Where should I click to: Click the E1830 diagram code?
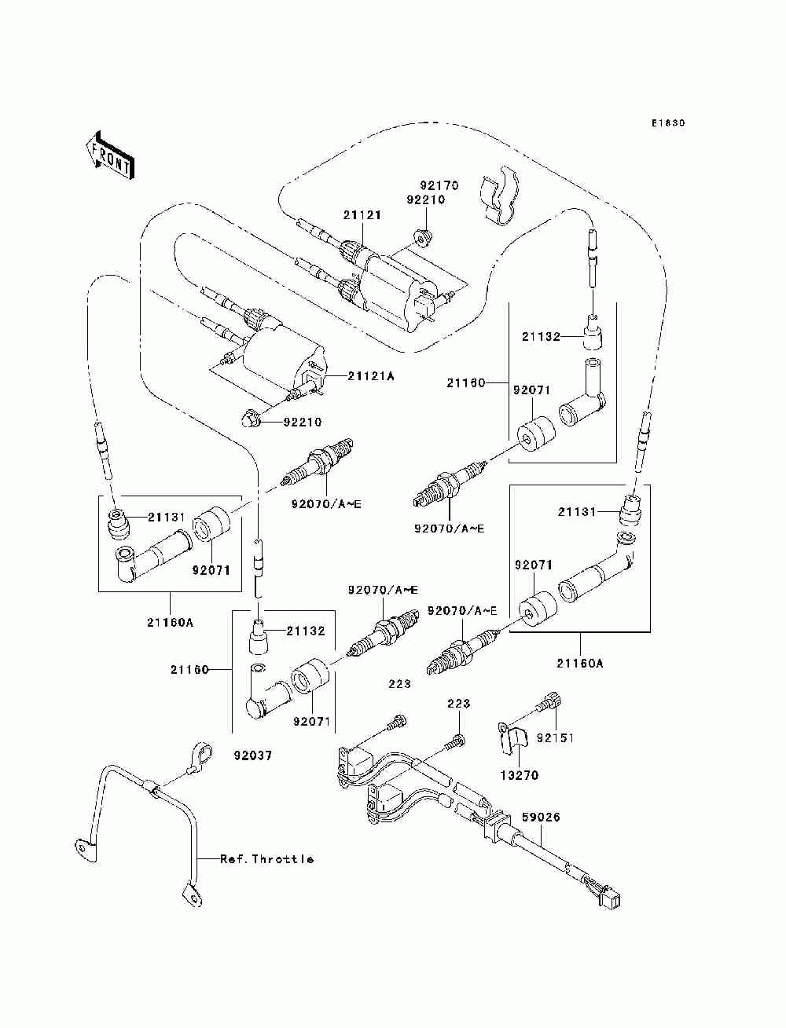tap(668, 123)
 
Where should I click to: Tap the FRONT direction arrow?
tap(110, 155)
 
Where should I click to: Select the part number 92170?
tap(439, 185)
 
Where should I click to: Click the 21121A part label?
tap(370, 375)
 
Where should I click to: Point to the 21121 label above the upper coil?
tap(362, 215)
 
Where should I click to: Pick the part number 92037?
tap(252, 755)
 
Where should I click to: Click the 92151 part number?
tap(555, 738)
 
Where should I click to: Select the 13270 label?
tap(520, 775)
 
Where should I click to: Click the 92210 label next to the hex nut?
tap(303, 422)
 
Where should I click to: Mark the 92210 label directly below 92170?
tap(425, 200)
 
